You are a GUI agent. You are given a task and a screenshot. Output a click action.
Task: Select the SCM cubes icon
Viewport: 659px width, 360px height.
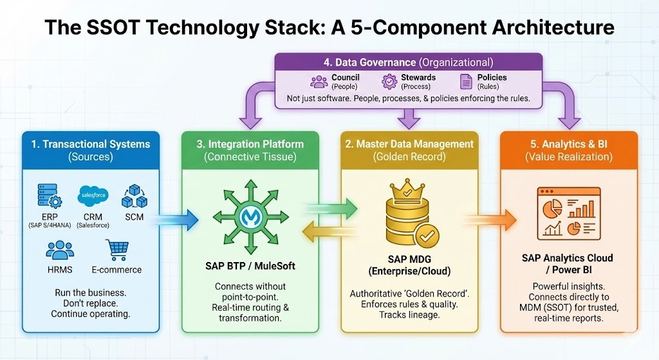tap(134, 193)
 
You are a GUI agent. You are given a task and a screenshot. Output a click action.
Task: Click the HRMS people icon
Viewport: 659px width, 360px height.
tap(60, 250)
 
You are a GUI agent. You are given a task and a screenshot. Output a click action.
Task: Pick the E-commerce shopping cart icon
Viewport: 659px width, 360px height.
tap(116, 249)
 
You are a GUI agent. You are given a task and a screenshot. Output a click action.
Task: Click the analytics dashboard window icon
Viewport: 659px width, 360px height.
tap(568, 212)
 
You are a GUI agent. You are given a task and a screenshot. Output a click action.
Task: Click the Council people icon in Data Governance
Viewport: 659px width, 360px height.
tap(319, 81)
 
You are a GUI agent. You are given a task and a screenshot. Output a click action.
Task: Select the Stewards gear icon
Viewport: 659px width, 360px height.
tap(389, 81)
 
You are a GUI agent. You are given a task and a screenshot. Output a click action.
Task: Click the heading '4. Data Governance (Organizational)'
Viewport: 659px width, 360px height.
tap(409, 62)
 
